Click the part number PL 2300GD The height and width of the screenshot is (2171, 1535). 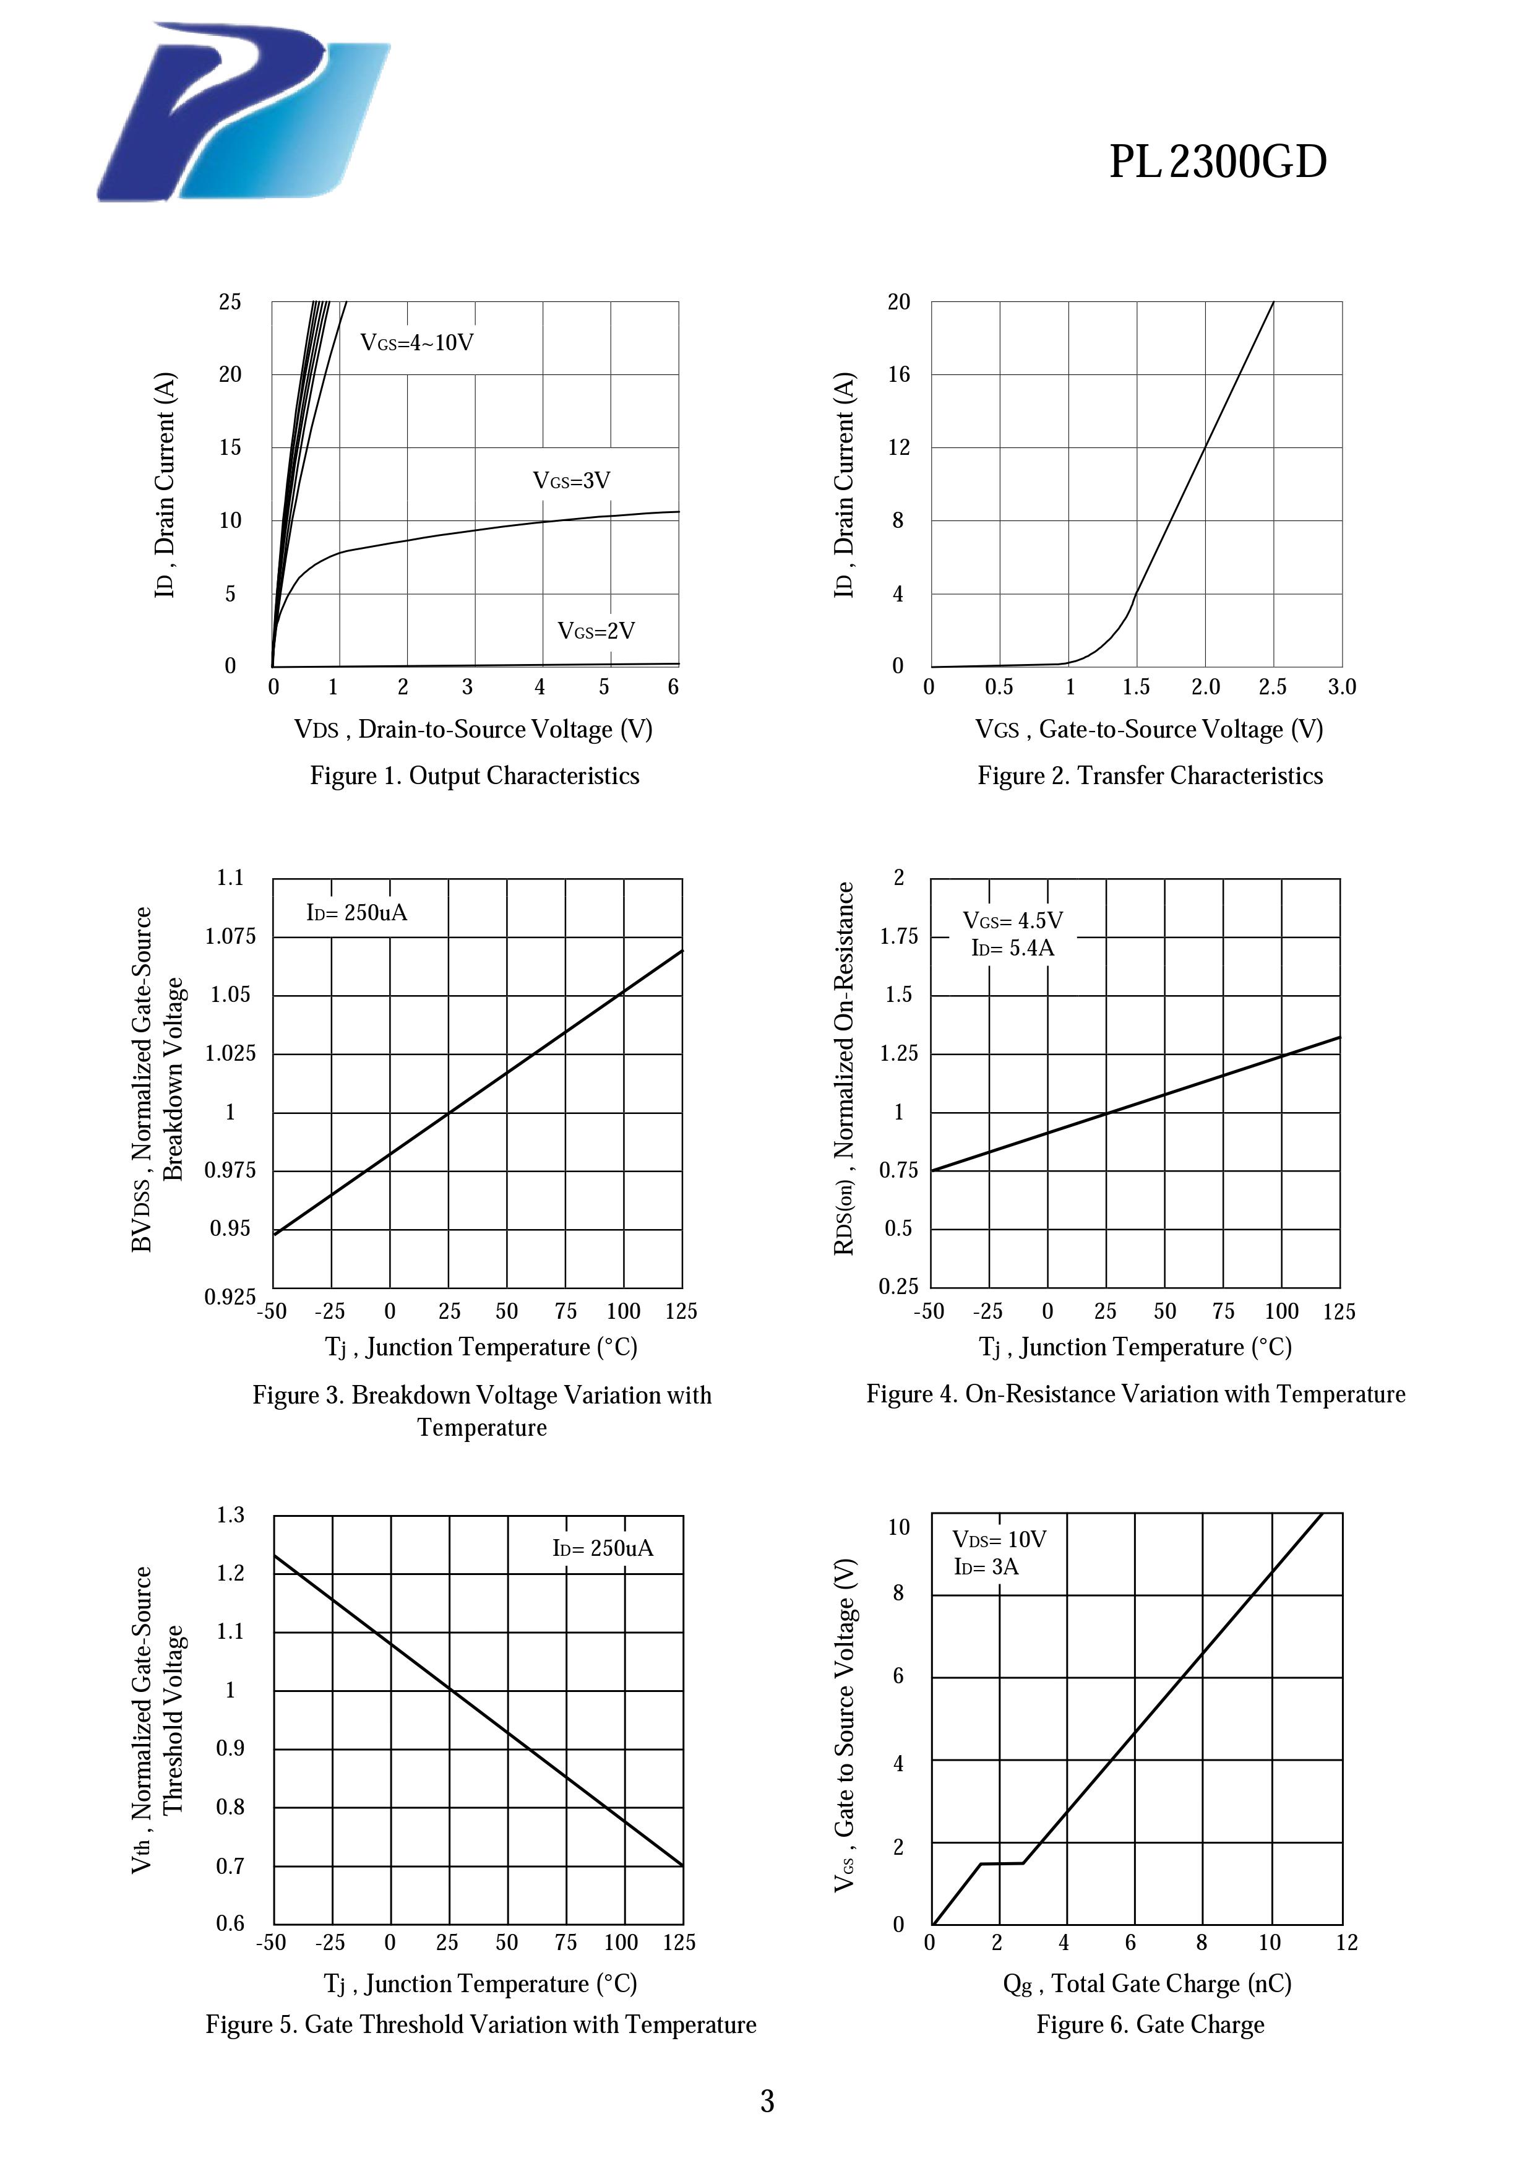point(1218,163)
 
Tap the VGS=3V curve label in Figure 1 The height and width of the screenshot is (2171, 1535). point(572,480)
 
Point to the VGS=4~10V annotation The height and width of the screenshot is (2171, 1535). point(417,342)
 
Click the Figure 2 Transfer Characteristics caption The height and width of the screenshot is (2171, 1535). point(1150,775)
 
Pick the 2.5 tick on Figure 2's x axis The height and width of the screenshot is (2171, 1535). point(1272,688)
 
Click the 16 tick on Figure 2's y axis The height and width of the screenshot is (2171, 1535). point(898,374)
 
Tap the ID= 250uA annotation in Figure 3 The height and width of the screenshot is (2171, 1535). point(356,912)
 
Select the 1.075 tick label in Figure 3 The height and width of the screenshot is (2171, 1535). point(231,936)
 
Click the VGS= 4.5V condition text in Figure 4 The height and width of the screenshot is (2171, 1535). point(1012,920)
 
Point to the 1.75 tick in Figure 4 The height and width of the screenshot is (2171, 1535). point(898,936)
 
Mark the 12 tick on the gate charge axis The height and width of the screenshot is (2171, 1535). point(1346,1942)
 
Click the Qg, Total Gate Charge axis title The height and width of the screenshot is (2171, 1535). point(1146,1983)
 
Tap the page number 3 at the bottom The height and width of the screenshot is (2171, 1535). point(767,2102)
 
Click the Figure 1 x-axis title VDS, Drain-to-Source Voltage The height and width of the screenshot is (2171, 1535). point(473,729)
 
